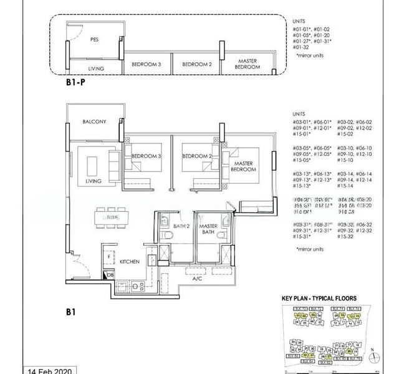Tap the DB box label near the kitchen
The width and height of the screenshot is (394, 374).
[110, 275]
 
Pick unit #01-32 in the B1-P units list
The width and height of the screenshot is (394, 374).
[303, 47]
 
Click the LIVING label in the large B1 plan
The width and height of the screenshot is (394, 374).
[94, 181]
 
